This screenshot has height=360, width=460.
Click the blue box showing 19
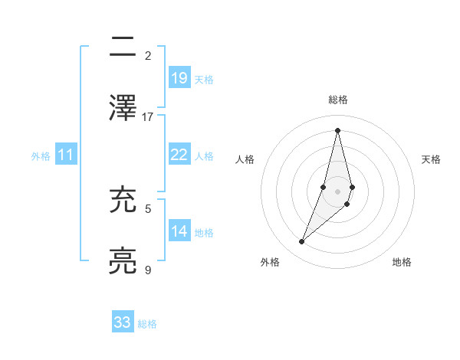point(179,78)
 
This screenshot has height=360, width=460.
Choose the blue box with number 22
point(179,155)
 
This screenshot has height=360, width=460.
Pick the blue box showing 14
point(179,231)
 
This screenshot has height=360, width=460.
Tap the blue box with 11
point(66,155)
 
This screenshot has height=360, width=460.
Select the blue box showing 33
point(123,322)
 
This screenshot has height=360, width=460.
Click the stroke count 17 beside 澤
point(148,117)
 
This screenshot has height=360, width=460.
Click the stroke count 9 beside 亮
point(148,270)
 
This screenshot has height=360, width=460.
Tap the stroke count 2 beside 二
point(148,56)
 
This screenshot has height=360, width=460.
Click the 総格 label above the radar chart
point(337,100)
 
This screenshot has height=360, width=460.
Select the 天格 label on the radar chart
point(431,159)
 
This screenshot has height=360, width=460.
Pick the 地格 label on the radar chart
point(402,262)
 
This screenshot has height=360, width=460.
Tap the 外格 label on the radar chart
point(270,262)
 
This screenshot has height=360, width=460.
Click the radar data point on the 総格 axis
point(337,129)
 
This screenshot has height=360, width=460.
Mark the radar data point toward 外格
point(301,242)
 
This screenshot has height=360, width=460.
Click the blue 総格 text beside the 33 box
point(147,324)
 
